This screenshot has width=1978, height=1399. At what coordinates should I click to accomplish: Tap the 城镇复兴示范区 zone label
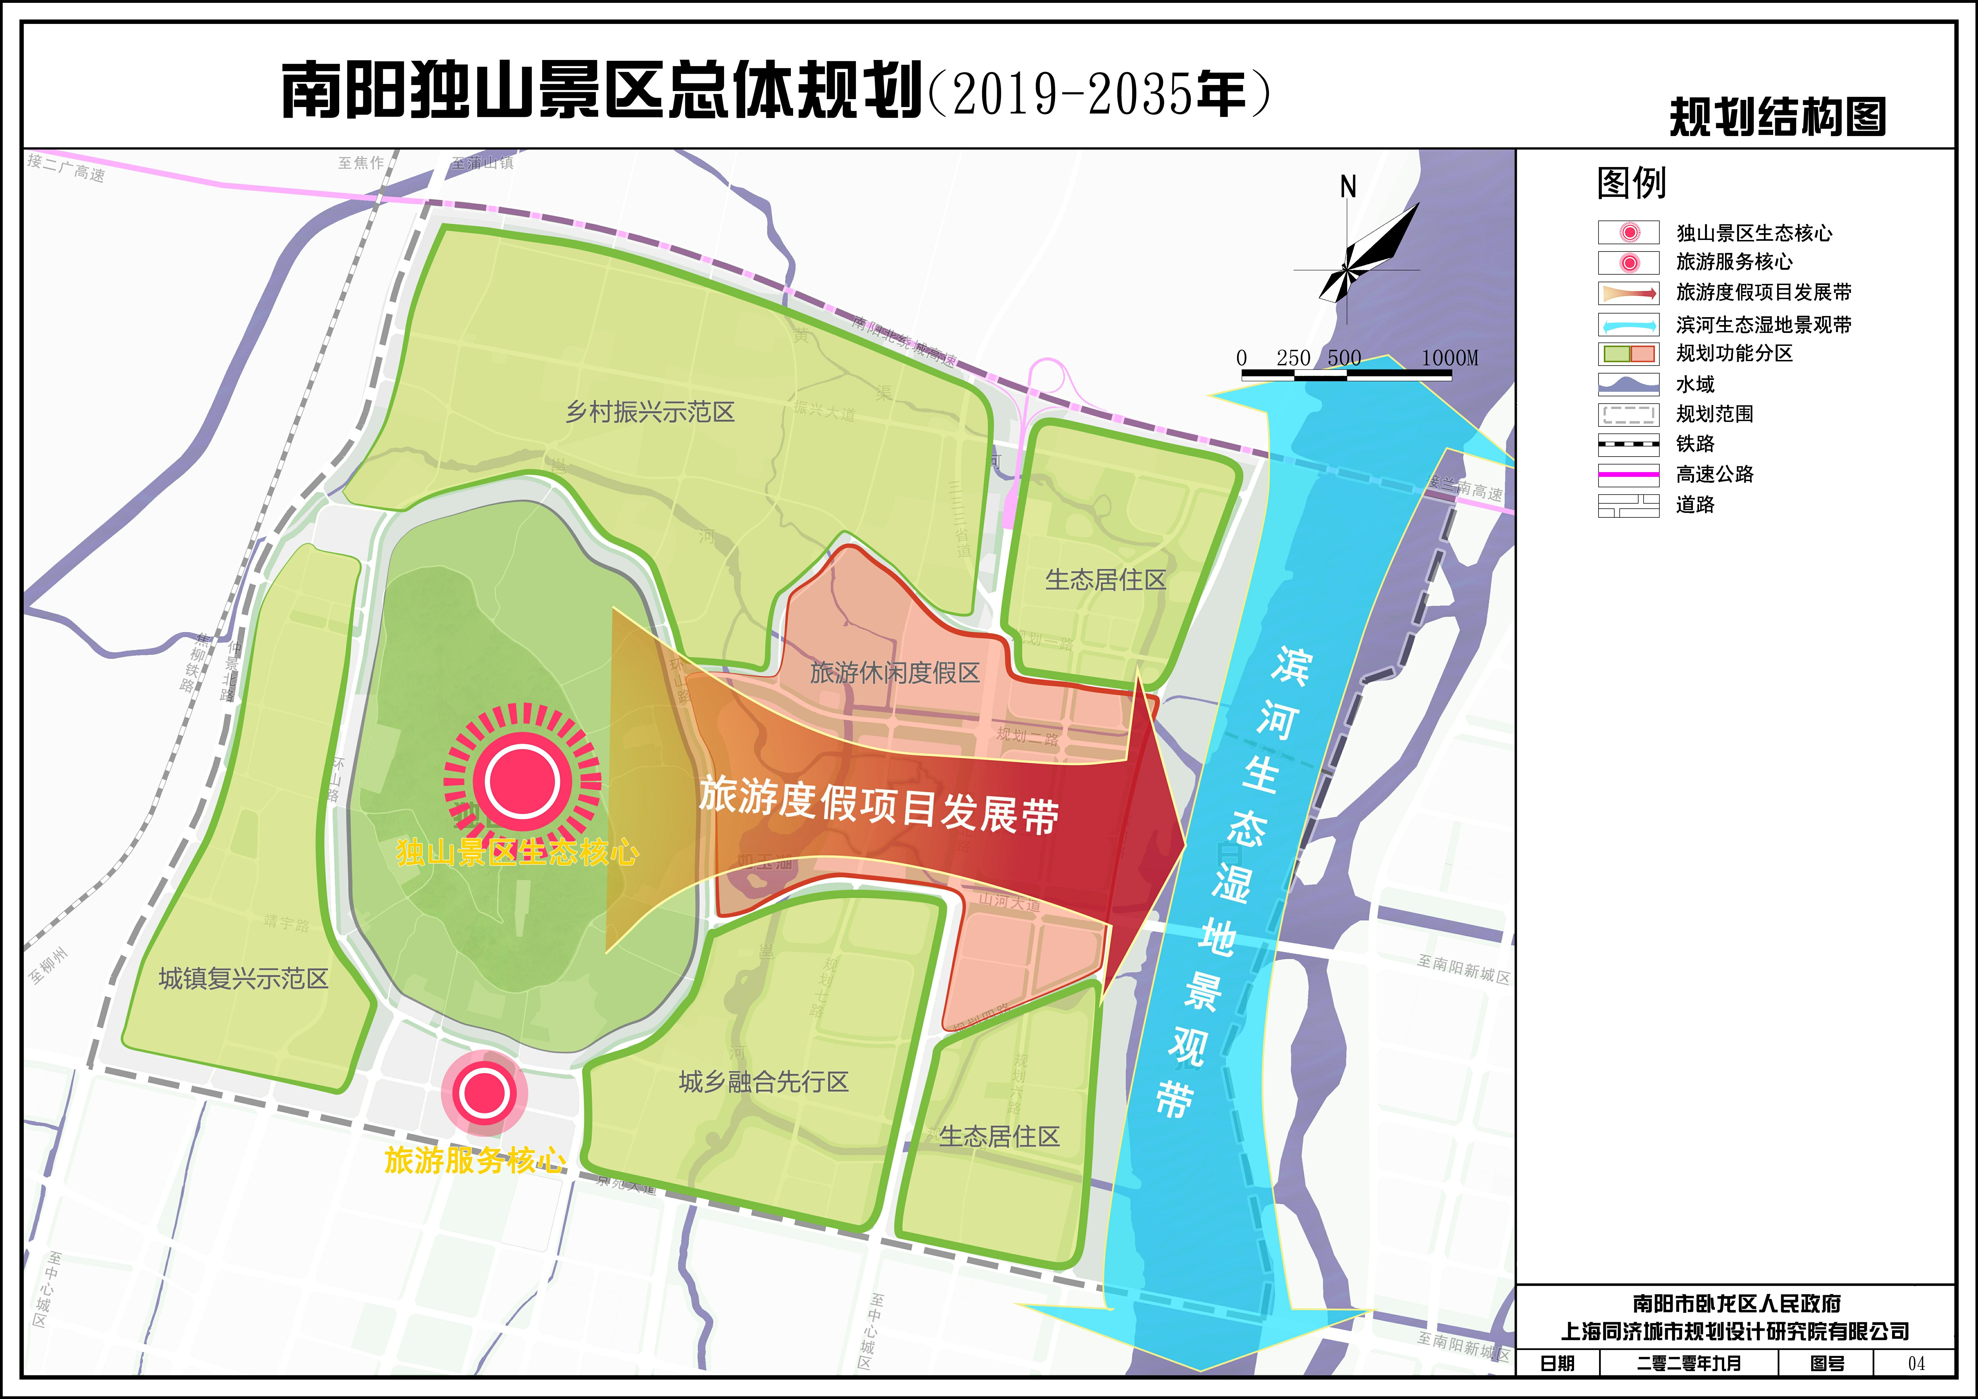[244, 978]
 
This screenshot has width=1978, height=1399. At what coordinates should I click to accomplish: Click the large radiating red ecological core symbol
[522, 780]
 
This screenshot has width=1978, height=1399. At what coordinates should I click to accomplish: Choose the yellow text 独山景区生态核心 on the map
[517, 853]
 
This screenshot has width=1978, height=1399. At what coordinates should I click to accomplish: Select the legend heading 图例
[1631, 183]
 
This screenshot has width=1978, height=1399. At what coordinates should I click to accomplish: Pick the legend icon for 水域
[1628, 384]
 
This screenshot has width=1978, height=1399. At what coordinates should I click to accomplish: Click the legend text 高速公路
[1714, 474]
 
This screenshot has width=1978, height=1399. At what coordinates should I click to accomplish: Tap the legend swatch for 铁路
[1628, 444]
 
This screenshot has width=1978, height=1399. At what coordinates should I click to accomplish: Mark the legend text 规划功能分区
[1734, 353]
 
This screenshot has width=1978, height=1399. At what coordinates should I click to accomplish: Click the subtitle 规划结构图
[1777, 117]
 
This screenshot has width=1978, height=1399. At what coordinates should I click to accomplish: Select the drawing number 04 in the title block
[1916, 1363]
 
